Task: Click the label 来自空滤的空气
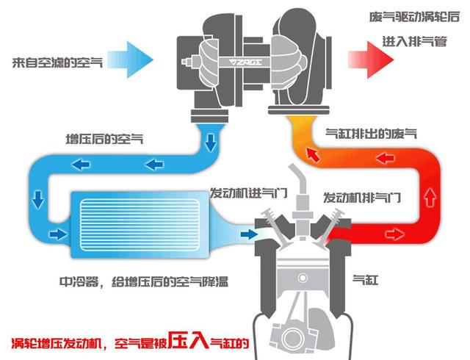[58, 60]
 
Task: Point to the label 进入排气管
[415, 42]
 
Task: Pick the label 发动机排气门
[362, 197]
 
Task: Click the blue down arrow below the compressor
[211, 140]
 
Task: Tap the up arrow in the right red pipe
[430, 197]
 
